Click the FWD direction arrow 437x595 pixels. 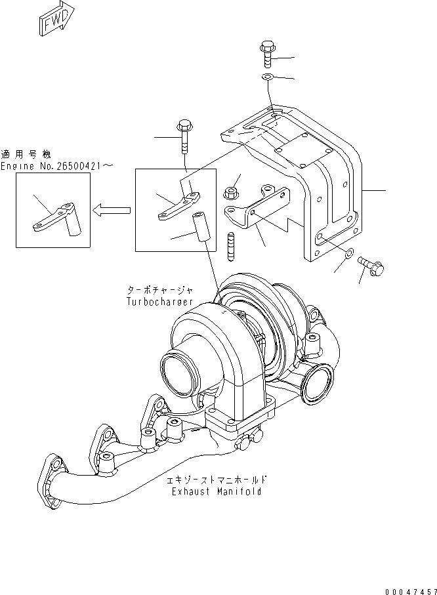(56, 20)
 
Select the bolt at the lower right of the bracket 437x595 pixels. (373, 267)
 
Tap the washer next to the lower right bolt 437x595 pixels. (349, 253)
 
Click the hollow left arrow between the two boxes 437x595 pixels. (111, 210)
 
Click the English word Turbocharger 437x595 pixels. (160, 302)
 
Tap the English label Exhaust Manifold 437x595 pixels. (216, 491)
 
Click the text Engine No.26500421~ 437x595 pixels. (56, 168)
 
